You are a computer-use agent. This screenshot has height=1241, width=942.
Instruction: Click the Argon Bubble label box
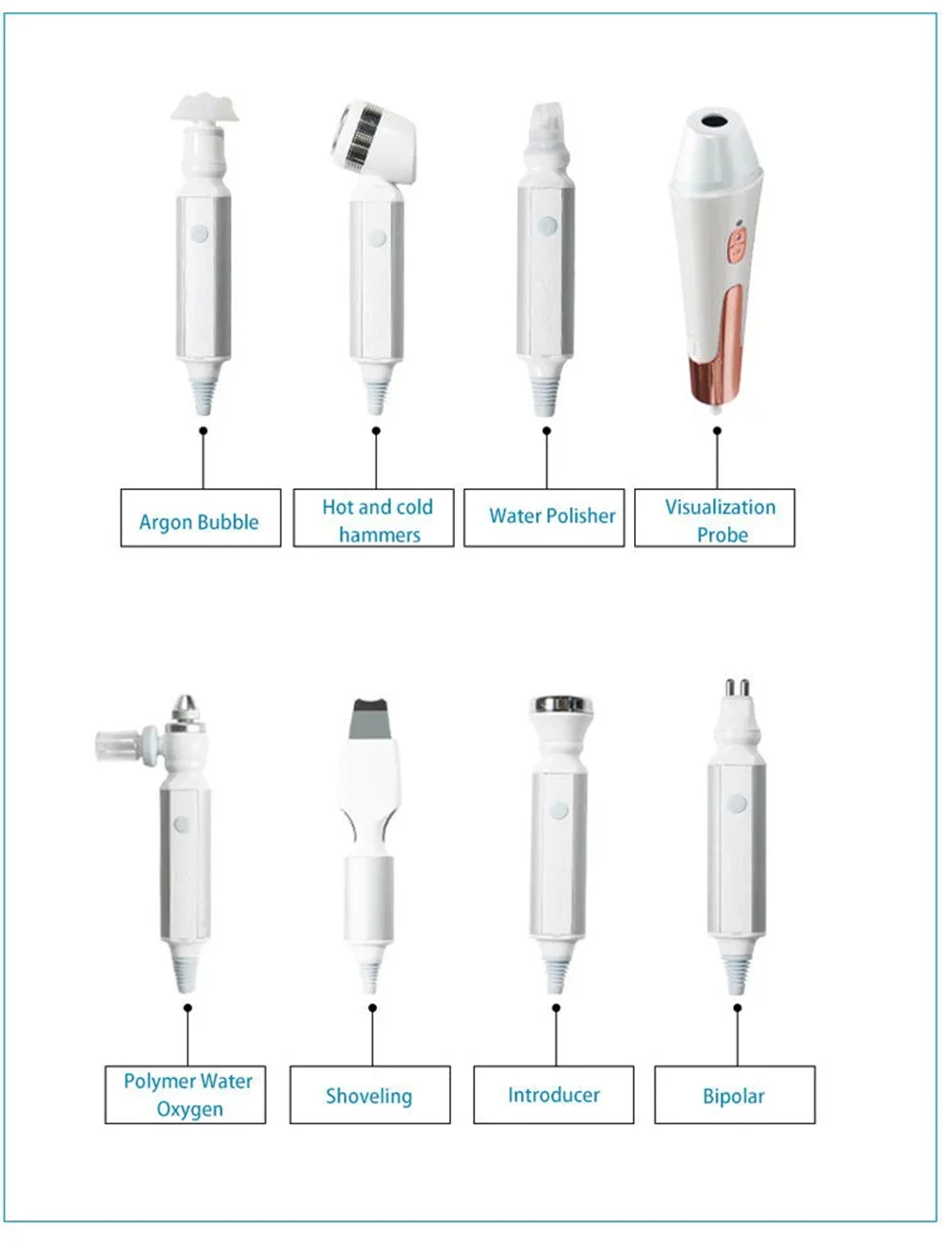[x=200, y=517]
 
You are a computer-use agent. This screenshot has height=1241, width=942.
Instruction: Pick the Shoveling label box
[x=369, y=1094]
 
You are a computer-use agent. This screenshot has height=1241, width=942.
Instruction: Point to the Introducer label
[x=553, y=1094]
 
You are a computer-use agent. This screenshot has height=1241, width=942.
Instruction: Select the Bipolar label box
[x=734, y=1094]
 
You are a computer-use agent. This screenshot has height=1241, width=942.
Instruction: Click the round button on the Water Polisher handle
[x=546, y=226]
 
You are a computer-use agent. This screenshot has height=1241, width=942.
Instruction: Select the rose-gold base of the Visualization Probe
[x=716, y=377]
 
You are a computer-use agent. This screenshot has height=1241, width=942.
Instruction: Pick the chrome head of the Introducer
[x=561, y=705]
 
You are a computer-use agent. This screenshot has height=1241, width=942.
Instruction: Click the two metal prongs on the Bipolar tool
[x=736, y=690]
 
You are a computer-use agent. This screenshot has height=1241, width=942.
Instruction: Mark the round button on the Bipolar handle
[x=738, y=804]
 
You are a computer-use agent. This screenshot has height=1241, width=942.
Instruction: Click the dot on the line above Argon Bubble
[x=203, y=431]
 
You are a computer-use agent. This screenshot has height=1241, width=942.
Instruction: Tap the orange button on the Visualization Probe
[x=737, y=247]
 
